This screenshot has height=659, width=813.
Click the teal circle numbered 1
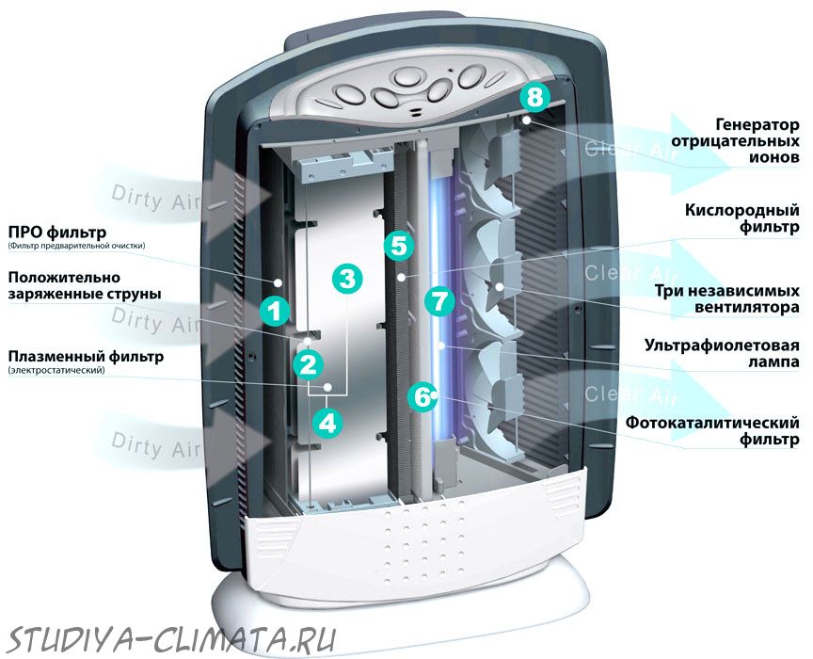pos(275,311)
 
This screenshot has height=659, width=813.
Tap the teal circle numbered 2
pos(308,363)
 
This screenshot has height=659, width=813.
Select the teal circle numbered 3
pos(347,279)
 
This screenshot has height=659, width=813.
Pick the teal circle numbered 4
pos(327,423)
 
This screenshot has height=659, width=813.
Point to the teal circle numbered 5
pos(399,246)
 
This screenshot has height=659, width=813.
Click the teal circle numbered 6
pos(422,397)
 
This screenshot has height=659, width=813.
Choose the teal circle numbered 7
pos(439,301)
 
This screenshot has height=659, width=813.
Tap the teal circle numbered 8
pos(535,97)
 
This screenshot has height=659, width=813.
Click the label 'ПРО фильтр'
pos(57,232)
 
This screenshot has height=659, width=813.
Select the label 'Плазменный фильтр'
pos(86,357)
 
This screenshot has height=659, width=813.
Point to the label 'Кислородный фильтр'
pos(741,218)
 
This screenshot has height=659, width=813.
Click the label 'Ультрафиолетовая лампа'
pos(721,353)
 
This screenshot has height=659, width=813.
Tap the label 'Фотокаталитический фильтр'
pos(712,430)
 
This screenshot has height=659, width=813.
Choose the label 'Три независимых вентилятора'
pos(726,298)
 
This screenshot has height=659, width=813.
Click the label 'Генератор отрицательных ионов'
pos(735,140)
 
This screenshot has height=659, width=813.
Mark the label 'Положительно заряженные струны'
pos(85,285)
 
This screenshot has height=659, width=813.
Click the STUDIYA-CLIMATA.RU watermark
pos(172,639)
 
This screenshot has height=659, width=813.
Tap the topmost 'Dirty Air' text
pos(155,199)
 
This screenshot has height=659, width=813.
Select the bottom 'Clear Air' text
pos(631,395)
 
